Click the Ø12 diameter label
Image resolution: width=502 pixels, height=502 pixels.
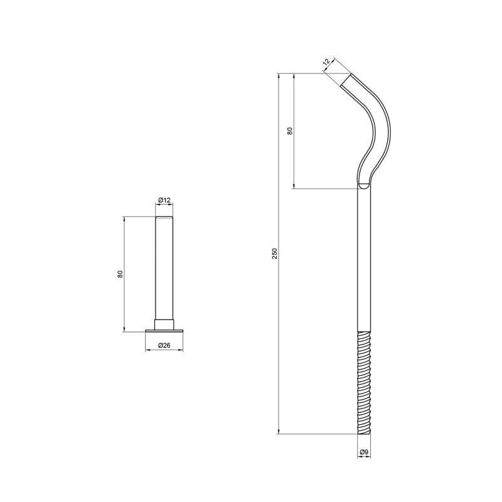point(164,200)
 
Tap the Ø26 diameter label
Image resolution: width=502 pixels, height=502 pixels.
point(164,345)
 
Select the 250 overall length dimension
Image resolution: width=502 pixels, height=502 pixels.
point(274,254)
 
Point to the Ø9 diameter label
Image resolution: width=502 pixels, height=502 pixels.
point(364,452)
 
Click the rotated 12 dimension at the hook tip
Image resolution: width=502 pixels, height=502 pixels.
point(326,62)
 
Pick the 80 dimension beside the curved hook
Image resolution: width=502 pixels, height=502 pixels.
point(290,131)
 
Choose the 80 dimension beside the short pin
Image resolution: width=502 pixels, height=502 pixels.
point(120,274)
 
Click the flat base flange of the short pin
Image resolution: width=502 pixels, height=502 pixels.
point(164,331)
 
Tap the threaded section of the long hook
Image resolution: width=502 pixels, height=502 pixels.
point(364,383)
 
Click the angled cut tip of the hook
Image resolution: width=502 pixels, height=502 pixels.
point(346,80)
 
